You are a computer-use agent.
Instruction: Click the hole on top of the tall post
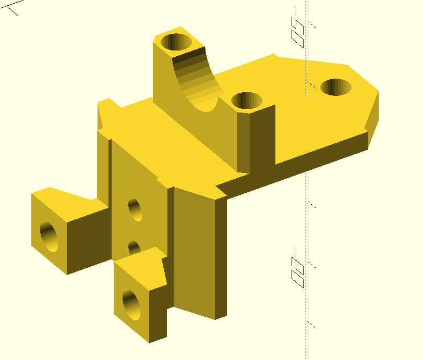click(176, 41)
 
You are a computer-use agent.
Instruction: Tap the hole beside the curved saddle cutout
click(246, 101)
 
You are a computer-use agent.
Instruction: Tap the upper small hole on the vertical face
click(135, 209)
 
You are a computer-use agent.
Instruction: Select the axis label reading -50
click(298, 27)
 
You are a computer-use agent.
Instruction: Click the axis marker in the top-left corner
click(11, 7)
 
